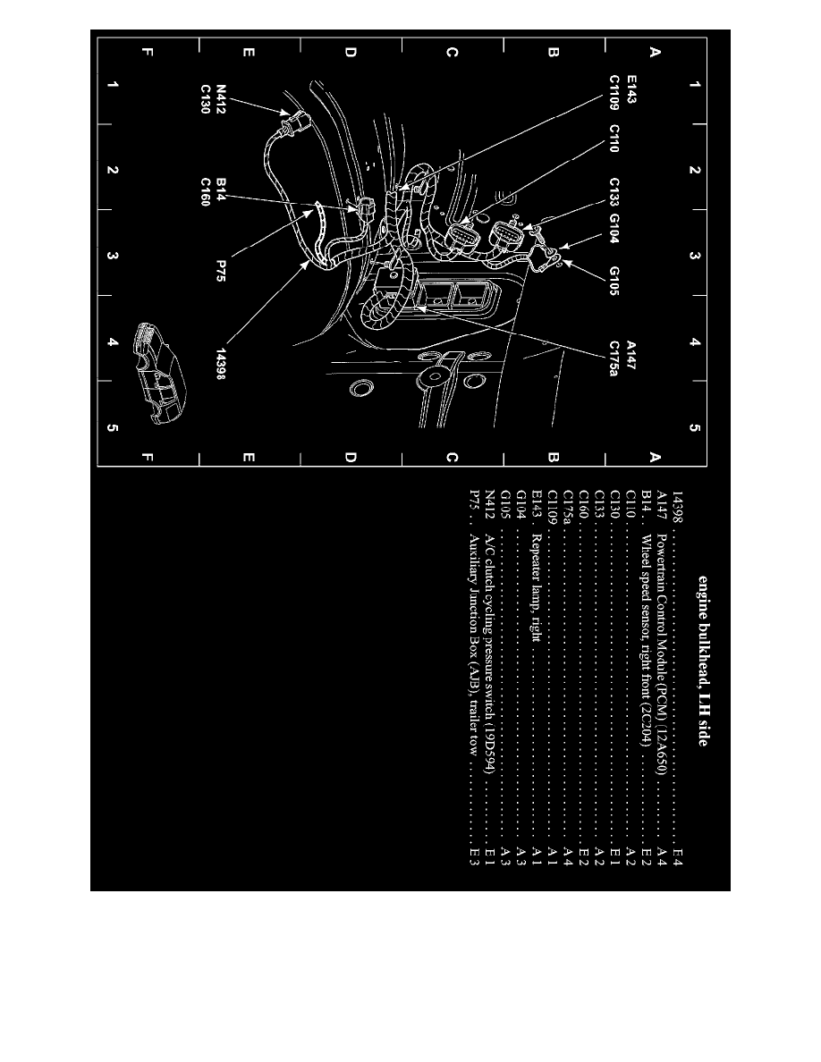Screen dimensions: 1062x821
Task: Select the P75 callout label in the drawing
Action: coord(221,271)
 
